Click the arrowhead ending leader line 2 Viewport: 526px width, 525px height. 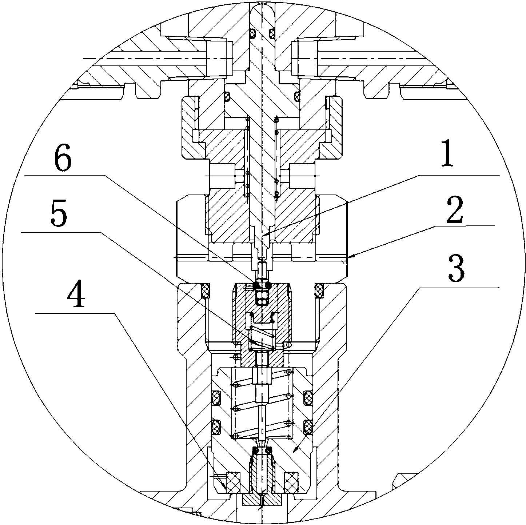351,256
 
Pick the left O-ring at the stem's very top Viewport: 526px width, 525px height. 252,33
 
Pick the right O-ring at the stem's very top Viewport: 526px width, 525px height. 272,33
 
